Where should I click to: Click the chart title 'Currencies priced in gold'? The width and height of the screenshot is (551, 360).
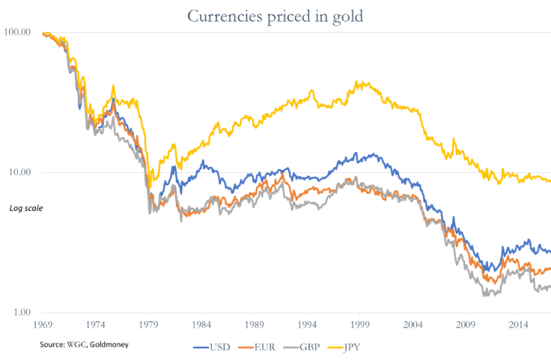274,14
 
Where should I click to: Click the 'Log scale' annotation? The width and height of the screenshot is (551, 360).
25,209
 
